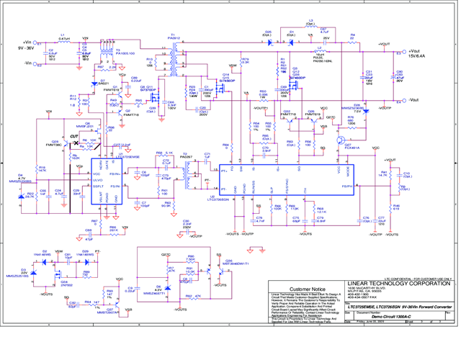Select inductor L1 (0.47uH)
pyautogui.click(x=63, y=42)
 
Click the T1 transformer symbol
pyautogui.click(x=173, y=60)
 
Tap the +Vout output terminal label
pyautogui.click(x=418, y=52)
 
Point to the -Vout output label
pyautogui.click(x=416, y=101)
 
